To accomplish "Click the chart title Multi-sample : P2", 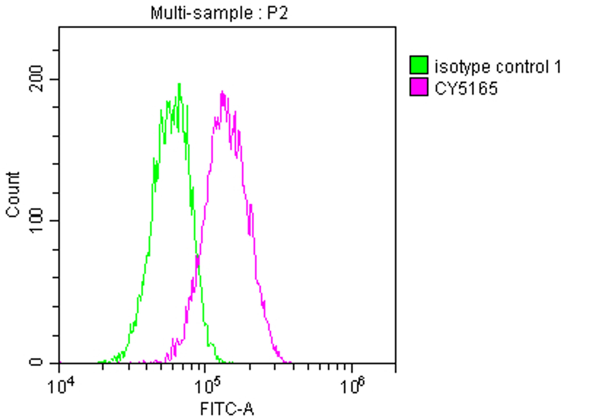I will [219, 13].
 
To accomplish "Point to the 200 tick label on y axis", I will [36, 79].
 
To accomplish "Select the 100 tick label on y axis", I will [36, 221].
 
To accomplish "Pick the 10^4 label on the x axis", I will [61, 387].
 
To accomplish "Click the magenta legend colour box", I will [419, 87].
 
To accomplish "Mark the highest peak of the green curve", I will [179, 84].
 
